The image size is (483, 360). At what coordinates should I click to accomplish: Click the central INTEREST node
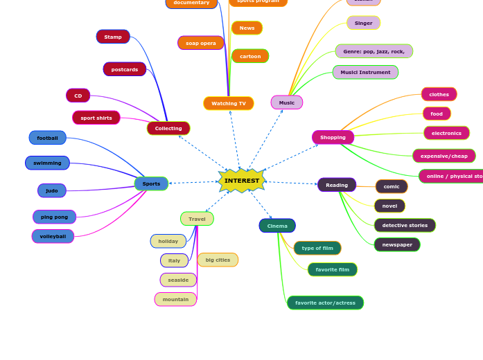(242, 181)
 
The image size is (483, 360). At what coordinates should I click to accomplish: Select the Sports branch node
(151, 183)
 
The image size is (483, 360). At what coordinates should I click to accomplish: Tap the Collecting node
(168, 128)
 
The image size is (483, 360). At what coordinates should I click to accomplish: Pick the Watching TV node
(229, 103)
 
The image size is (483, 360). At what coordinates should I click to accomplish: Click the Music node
(287, 102)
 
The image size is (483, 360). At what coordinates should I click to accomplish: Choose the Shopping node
(333, 137)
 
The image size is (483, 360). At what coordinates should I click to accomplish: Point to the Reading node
(337, 185)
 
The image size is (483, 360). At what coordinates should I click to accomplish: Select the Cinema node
(277, 226)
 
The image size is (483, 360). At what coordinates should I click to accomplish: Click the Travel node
(197, 219)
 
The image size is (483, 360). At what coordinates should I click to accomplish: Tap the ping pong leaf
(54, 217)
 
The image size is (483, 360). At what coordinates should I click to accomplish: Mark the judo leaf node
(52, 190)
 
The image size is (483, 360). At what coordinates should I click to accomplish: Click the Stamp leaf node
(113, 37)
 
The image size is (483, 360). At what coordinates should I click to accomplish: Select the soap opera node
(201, 43)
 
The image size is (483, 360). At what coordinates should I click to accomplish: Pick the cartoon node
(250, 56)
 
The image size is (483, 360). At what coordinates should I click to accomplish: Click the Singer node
(363, 23)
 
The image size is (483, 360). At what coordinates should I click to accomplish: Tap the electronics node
(446, 133)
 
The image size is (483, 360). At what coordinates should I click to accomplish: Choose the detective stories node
(405, 225)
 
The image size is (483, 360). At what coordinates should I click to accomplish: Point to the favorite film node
(333, 269)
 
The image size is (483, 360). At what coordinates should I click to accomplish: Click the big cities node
(218, 260)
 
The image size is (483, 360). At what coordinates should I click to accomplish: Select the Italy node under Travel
(174, 260)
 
